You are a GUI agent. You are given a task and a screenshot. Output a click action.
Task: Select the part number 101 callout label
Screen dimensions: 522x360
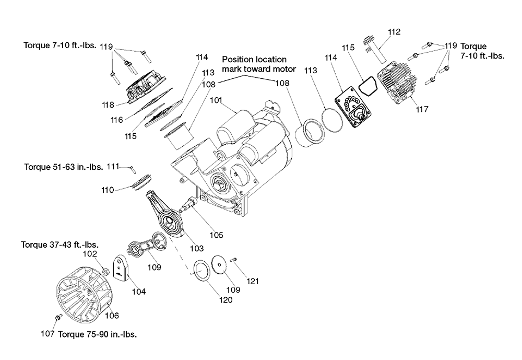216,100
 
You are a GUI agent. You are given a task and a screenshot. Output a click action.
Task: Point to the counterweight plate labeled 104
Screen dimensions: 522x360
121,266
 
